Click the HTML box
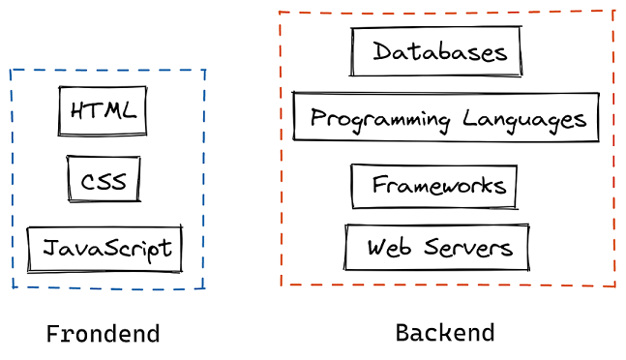coord(103,110)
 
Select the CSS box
coord(104,180)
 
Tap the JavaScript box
coord(104,250)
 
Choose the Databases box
coord(436,51)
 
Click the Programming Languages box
coord(446,118)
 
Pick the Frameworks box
coord(434,186)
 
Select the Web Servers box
coord(437,248)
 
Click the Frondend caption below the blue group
coord(103,335)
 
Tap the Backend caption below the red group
coord(445,333)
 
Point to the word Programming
coord(380,120)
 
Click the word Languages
coord(524,120)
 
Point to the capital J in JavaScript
coord(48,250)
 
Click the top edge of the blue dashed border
coord(106,70)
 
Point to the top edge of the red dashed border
coord(446,13)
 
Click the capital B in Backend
coord(402,333)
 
